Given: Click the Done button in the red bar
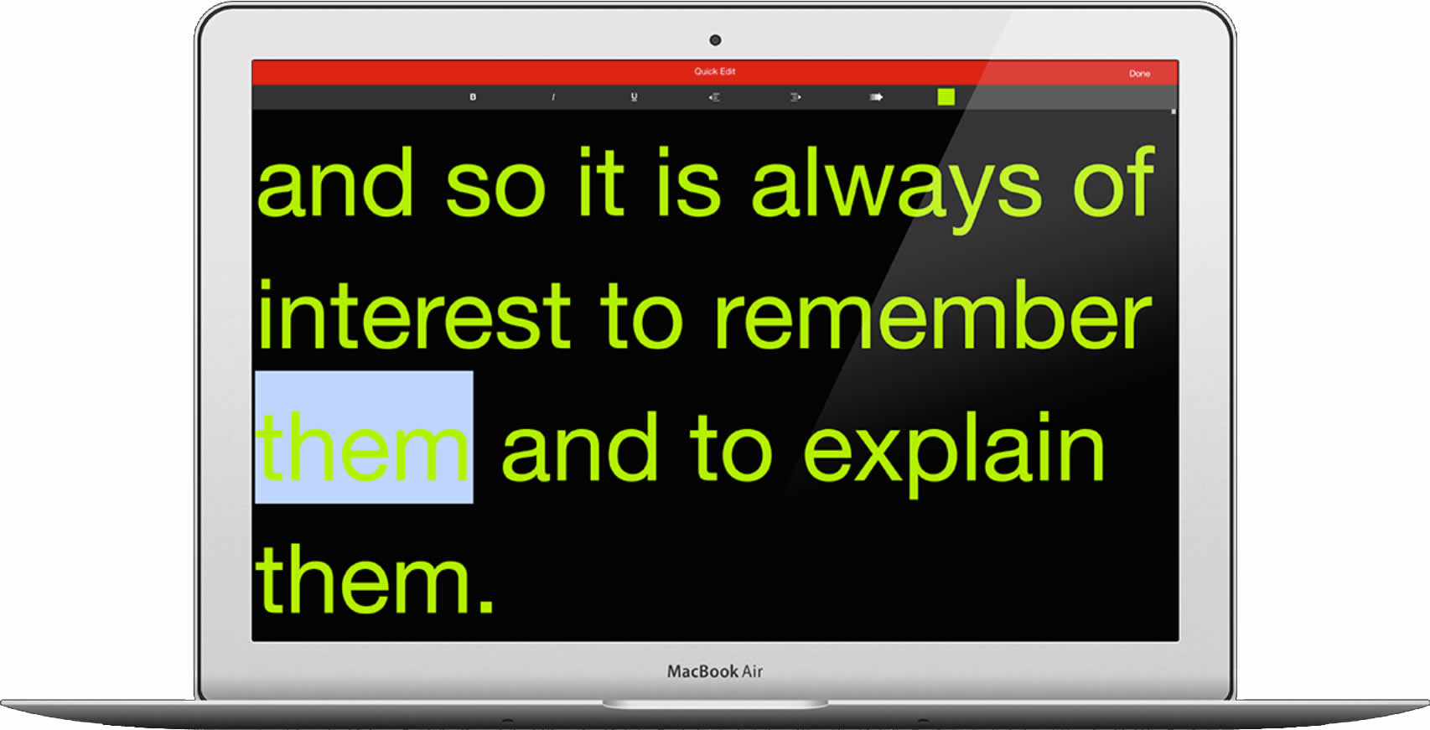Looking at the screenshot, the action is (1139, 74).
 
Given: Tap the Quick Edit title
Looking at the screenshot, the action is (715, 71).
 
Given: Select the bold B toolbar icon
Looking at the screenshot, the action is (473, 97).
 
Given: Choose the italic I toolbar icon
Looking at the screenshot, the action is (553, 97).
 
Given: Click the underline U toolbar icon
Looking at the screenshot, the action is (634, 97).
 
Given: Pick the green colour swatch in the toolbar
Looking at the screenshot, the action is (946, 97).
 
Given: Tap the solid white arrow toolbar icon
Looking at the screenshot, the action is (876, 97).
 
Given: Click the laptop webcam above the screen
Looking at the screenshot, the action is (715, 40).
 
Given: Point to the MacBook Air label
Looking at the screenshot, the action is (715, 671).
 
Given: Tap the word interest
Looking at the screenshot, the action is (414, 314).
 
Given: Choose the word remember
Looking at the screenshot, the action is (933, 314).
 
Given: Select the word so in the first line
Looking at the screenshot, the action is (495, 191).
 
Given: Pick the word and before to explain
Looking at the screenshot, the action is (580, 447).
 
